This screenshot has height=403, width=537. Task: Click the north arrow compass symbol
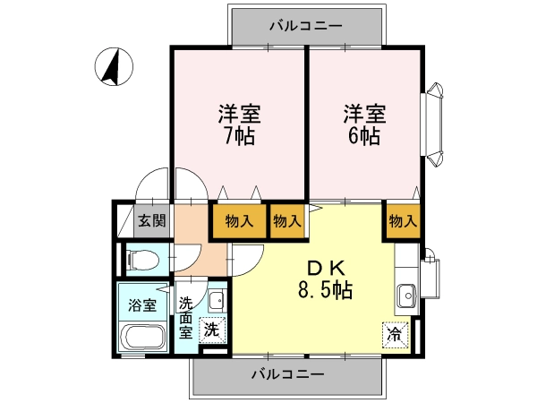click(x=114, y=66)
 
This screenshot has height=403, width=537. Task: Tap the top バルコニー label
click(x=306, y=26)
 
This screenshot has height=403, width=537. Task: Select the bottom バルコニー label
click(x=287, y=374)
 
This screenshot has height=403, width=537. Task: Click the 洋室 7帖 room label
click(x=240, y=124)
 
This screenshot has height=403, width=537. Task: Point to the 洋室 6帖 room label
click(x=364, y=124)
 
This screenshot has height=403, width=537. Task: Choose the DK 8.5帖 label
click(x=326, y=280)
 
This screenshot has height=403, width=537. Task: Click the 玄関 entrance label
click(x=152, y=221)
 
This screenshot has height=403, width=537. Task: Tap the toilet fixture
click(x=143, y=260)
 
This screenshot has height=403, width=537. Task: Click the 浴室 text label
click(x=142, y=305)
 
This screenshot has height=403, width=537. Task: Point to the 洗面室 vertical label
click(x=185, y=318)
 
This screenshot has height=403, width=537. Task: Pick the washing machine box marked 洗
click(x=212, y=330)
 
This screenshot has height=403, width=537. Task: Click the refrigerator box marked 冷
click(x=396, y=335)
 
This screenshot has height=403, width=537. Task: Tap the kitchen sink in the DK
click(x=406, y=296)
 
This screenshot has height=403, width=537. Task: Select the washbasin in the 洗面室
click(x=217, y=301)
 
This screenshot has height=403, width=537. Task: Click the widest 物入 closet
click(x=239, y=221)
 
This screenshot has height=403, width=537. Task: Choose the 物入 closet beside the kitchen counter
click(x=404, y=221)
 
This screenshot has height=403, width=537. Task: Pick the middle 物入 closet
click(x=287, y=221)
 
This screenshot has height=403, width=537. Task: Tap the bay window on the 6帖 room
click(x=432, y=124)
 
